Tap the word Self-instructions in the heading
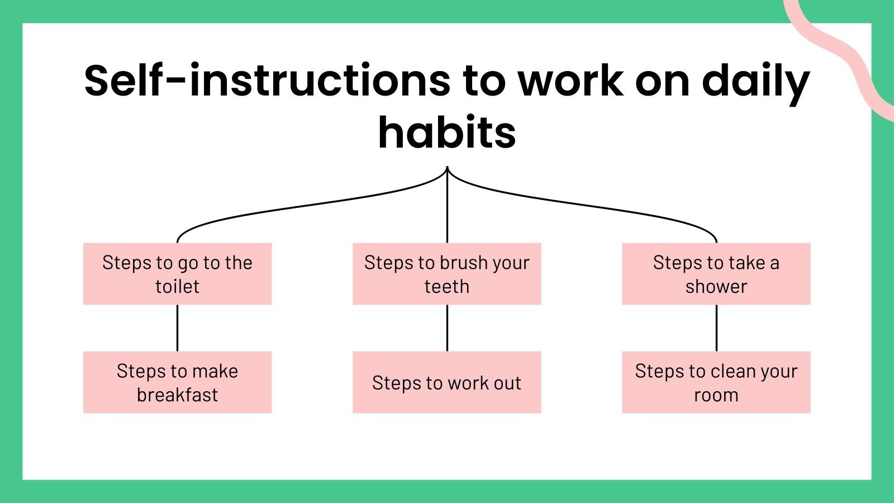coord(267,81)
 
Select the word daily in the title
coord(755,81)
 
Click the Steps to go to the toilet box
coord(177,274)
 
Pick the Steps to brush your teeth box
coord(446,274)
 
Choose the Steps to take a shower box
coord(716,274)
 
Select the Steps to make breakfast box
coord(177,382)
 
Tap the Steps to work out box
coord(446,382)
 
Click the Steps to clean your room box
coord(716,382)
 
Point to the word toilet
coord(177,287)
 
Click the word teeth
coord(446,287)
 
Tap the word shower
coord(716,287)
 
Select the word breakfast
coord(177,395)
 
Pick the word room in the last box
coord(716,395)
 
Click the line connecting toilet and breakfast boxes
coord(177,328)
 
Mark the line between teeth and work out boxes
coord(447,328)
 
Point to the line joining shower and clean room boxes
coord(716,328)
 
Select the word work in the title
coord(570,81)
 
